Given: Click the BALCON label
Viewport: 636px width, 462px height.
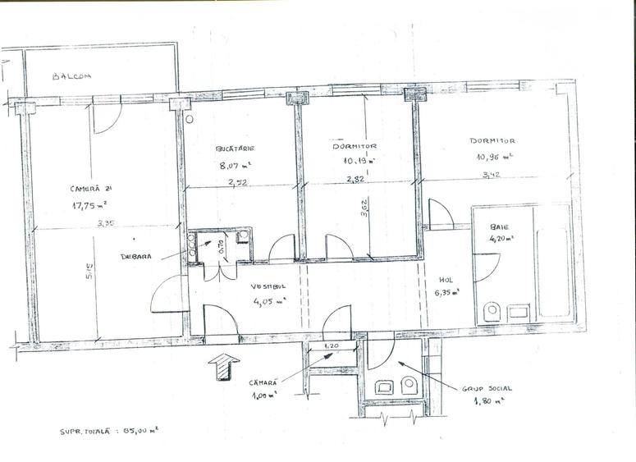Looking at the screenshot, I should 71,76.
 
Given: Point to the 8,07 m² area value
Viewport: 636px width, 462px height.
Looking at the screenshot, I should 235,165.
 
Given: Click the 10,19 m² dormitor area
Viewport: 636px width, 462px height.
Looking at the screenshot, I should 359,161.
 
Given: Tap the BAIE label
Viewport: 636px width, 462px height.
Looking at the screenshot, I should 498,226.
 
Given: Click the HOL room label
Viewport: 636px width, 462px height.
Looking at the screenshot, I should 446,279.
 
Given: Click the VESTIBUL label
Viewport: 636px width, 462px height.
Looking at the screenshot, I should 268,287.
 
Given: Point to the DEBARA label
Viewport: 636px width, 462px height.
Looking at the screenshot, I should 137,255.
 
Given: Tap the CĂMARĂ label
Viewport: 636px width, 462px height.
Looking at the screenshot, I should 264,382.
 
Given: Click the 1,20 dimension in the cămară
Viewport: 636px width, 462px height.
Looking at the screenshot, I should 332,345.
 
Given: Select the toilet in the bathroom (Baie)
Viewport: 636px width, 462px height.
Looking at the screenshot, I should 492,311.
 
